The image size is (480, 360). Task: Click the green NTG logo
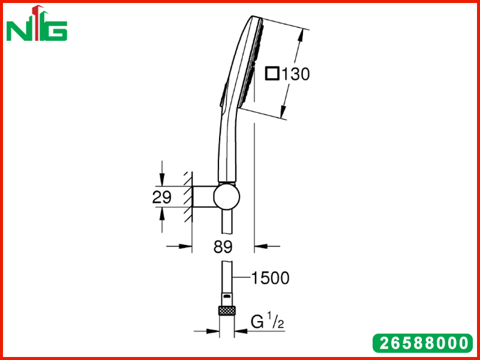(x=37, y=23)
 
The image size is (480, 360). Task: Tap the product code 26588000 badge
(x=423, y=343)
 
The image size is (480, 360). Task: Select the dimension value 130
(x=295, y=74)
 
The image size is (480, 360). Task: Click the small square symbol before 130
(x=272, y=74)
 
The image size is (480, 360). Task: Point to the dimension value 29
(x=161, y=197)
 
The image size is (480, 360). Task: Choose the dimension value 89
(x=223, y=247)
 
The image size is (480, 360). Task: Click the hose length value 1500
(x=270, y=278)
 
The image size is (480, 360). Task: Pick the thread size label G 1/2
(x=267, y=322)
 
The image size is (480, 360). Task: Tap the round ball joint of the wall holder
(x=227, y=197)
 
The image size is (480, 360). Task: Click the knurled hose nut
(x=227, y=310)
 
